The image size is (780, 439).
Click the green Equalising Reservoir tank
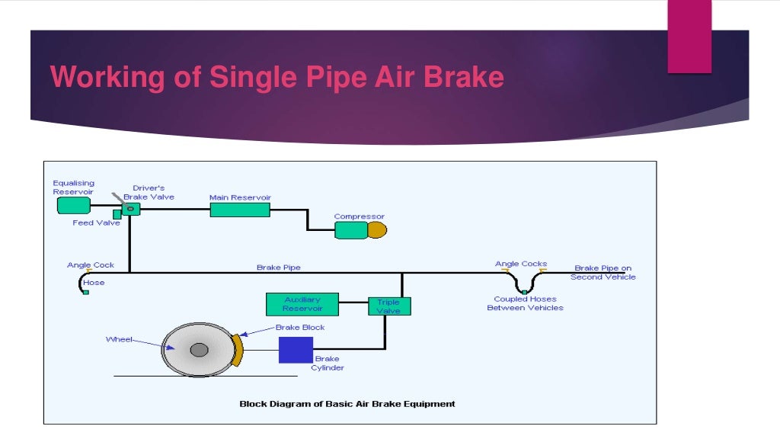(74, 206)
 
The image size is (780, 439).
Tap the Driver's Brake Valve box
(131, 208)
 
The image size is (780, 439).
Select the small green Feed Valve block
(117, 214)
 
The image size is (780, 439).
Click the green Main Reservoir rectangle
(240, 210)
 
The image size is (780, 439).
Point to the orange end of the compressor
(378, 230)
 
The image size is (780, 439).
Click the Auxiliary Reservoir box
(302, 304)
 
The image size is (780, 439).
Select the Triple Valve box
(388, 306)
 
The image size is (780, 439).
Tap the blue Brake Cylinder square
(296, 350)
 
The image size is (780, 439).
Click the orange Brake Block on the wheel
(238, 350)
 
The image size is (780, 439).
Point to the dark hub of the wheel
(199, 350)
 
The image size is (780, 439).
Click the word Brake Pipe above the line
(278, 268)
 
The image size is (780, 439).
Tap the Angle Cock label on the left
(91, 265)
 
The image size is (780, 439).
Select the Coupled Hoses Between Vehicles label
(525, 303)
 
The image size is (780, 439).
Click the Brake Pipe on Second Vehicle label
(603, 273)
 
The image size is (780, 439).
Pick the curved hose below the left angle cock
(81, 283)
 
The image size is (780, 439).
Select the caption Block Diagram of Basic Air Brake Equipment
(347, 404)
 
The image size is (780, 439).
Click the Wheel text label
(118, 339)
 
